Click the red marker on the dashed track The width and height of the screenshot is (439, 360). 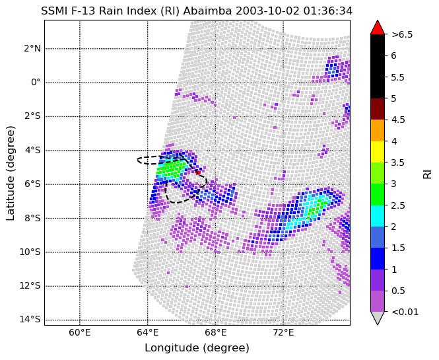(x=197, y=172)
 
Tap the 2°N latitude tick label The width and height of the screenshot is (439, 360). (x=32, y=49)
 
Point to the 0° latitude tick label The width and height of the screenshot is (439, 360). (x=36, y=83)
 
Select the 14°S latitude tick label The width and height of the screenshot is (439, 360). (x=30, y=320)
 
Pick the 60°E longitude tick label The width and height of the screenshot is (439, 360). (x=80, y=333)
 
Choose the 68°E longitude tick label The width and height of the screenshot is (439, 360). (x=215, y=333)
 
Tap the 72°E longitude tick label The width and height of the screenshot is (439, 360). (x=283, y=333)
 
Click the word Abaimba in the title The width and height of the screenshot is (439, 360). (x=207, y=11)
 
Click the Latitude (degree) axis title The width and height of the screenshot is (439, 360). (x=10, y=173)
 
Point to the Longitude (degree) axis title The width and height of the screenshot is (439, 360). (x=197, y=348)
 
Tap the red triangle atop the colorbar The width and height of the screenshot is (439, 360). (x=378, y=27)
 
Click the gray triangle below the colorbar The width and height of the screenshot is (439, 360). (x=378, y=318)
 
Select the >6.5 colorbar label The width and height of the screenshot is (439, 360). (x=402, y=34)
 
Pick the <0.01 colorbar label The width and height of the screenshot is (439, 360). (x=405, y=312)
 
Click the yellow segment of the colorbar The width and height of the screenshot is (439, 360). (x=378, y=152)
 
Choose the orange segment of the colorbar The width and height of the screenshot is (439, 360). (x=378, y=131)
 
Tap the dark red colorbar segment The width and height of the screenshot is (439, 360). (x=378, y=109)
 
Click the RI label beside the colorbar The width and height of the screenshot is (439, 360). (x=428, y=173)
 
